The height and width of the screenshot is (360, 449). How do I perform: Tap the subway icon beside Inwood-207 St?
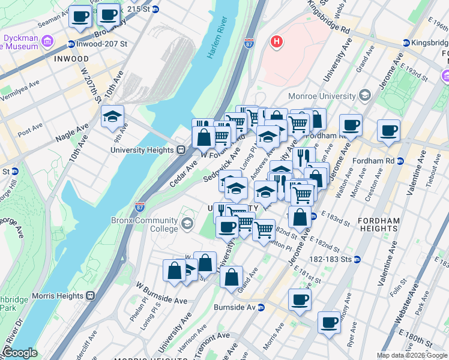(x=71, y=44)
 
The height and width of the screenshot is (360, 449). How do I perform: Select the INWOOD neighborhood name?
(x=71, y=59)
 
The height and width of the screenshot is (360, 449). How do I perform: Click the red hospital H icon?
(x=276, y=41)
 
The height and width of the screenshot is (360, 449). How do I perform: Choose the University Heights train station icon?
(x=180, y=150)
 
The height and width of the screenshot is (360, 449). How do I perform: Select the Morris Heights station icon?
(x=91, y=295)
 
